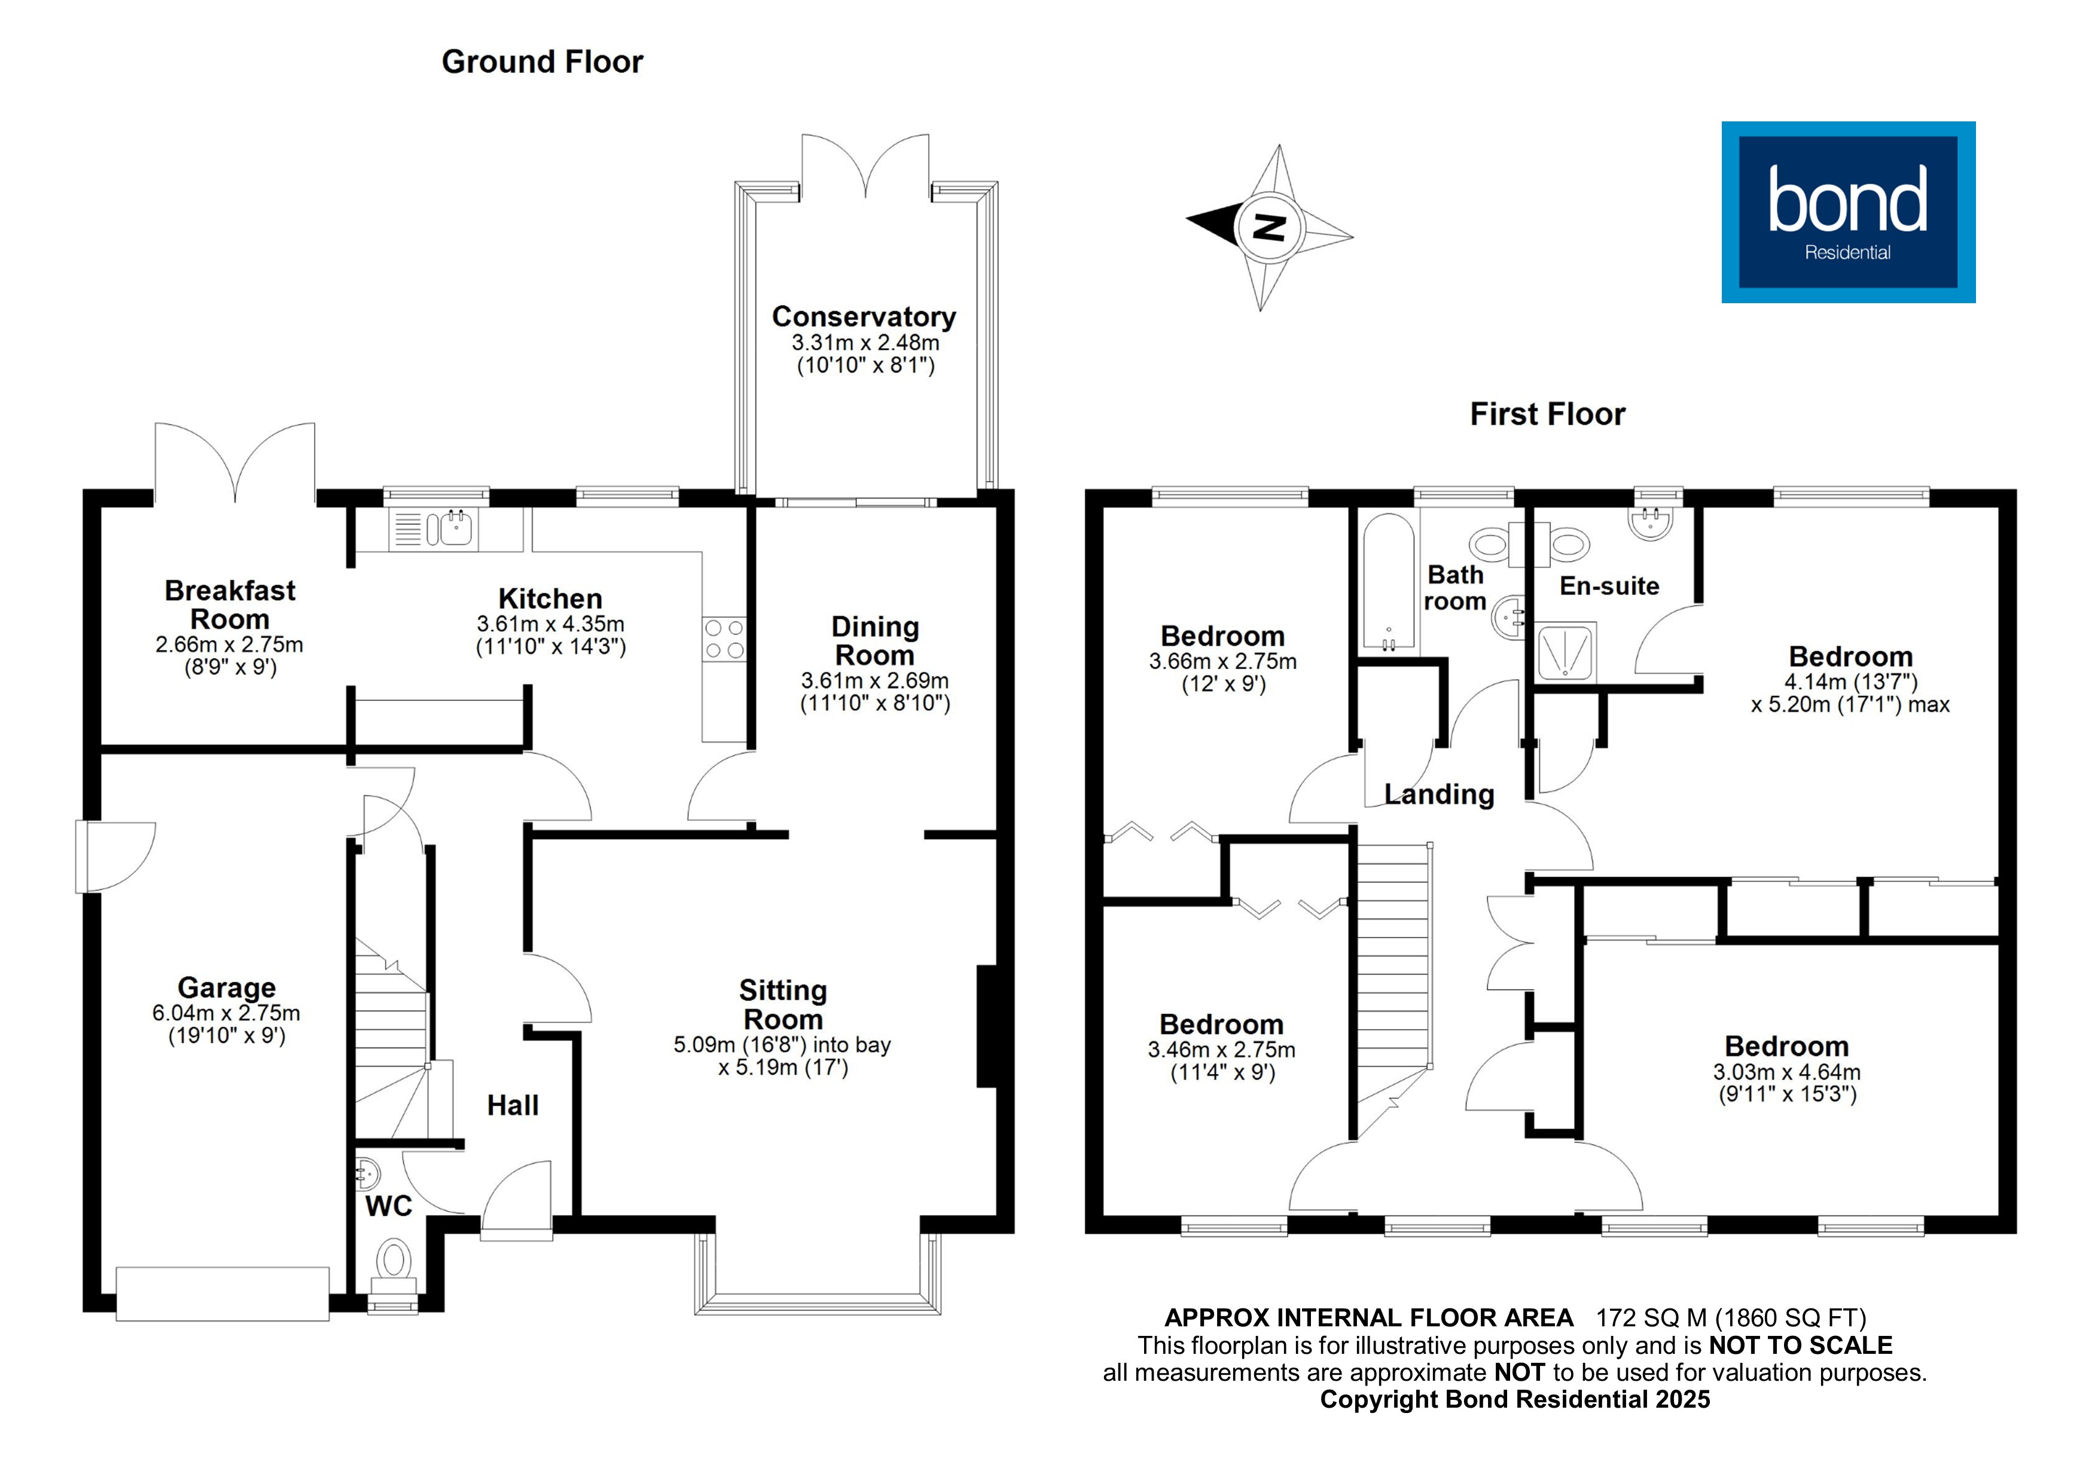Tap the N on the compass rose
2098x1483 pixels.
coord(1268,227)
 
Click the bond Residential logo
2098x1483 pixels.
coord(1847,212)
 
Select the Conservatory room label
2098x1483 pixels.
coord(864,316)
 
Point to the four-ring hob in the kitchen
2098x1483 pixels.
coord(724,639)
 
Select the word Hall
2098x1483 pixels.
coord(513,1106)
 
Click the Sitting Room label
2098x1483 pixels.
coord(783,1004)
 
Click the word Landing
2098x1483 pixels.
coord(1439,794)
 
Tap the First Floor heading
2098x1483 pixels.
coord(1547,414)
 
